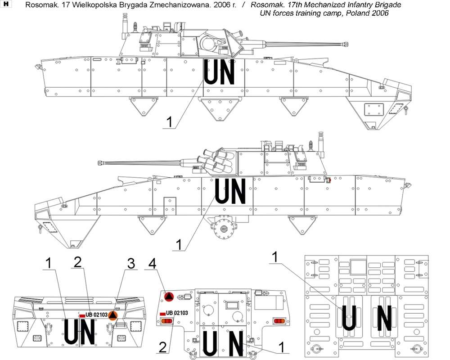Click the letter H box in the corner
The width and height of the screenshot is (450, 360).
pos(5,4)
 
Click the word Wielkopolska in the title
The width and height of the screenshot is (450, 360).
pos(94,5)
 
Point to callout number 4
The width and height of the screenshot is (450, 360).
pos(153,264)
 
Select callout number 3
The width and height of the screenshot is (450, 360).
pos(131,264)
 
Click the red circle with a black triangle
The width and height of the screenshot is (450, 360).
pos(169,297)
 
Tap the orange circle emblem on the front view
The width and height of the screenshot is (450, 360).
pos(113,315)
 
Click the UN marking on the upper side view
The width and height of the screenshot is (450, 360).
pos(219,72)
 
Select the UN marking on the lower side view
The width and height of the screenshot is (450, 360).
pos(230,191)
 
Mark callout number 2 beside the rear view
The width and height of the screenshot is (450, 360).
pos(163,348)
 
